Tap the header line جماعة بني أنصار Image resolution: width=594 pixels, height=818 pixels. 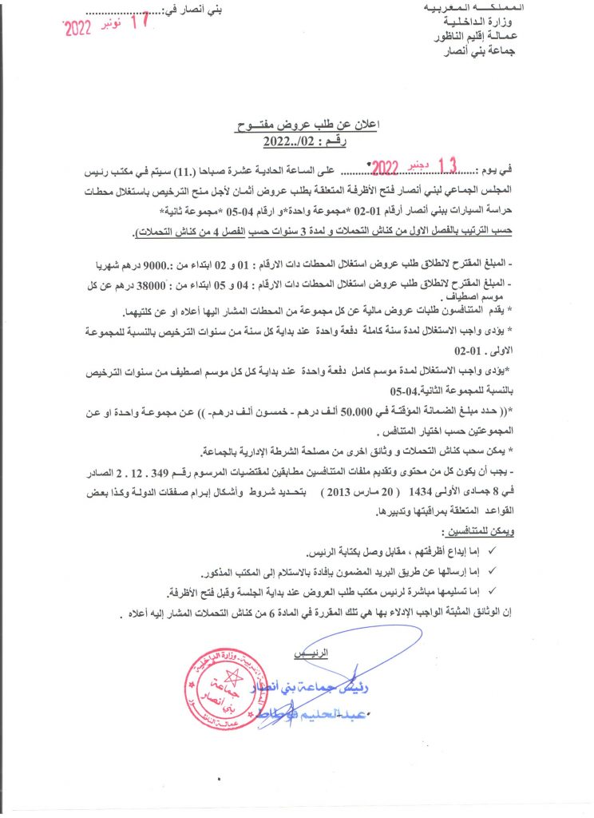(x=498, y=53)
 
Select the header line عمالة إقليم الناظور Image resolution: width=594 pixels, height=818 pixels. (x=495, y=38)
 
